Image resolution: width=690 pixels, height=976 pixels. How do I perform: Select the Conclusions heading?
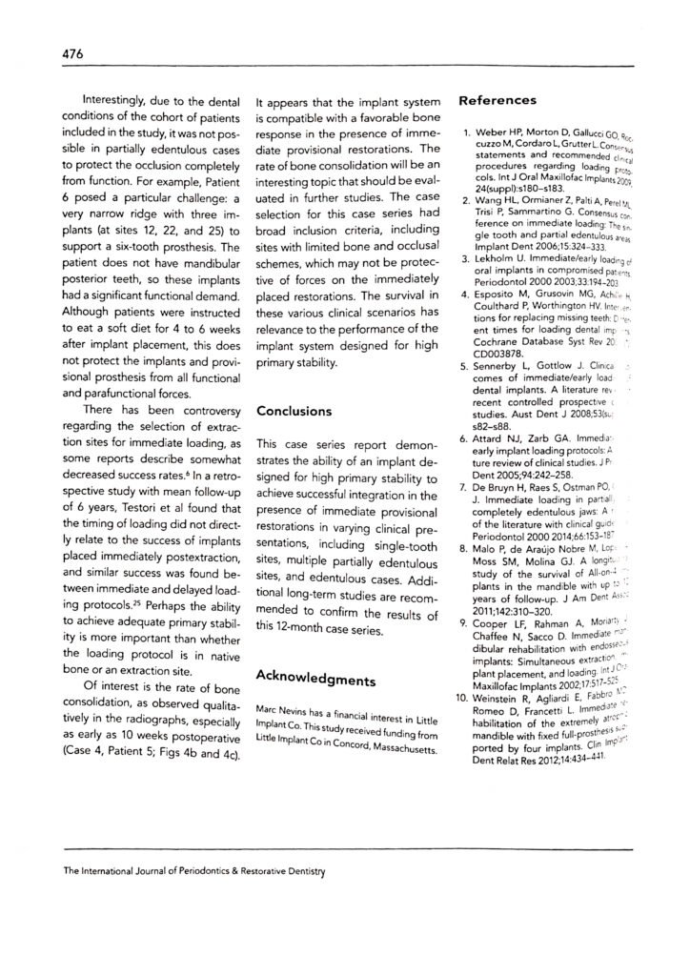click(x=294, y=411)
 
